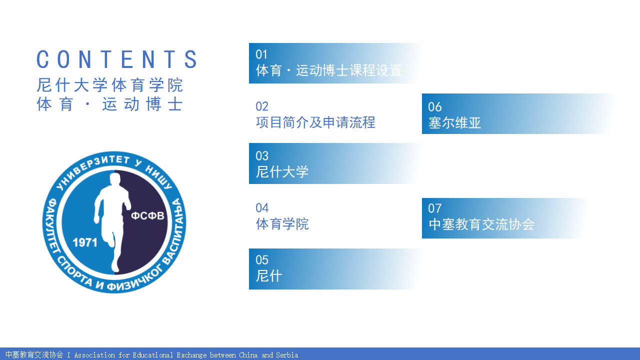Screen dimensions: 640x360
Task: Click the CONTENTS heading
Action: (x=117, y=59)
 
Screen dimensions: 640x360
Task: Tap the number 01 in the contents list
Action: (x=261, y=54)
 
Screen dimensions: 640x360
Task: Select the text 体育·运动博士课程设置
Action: (x=329, y=70)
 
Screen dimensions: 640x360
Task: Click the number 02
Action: (x=262, y=106)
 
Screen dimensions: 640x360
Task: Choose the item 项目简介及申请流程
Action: (x=315, y=122)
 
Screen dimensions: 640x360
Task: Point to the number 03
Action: (x=262, y=155)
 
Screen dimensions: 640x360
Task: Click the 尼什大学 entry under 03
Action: (x=282, y=171)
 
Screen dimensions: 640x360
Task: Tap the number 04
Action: (x=262, y=207)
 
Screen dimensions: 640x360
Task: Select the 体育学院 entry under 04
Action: (x=282, y=223)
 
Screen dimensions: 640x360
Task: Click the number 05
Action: (x=262, y=259)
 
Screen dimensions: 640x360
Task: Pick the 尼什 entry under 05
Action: (x=269, y=275)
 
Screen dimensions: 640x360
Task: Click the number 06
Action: (x=435, y=107)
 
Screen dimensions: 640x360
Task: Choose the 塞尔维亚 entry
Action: (x=455, y=123)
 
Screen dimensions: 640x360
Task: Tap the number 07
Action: (x=435, y=208)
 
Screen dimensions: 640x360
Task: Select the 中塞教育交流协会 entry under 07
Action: (x=481, y=224)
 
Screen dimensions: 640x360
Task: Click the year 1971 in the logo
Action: (x=85, y=242)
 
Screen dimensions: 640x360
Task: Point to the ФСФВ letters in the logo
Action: (x=147, y=215)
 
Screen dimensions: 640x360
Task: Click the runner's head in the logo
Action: (x=115, y=179)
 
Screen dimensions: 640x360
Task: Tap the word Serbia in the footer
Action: (x=287, y=355)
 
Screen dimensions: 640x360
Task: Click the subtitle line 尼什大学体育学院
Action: (x=109, y=85)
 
